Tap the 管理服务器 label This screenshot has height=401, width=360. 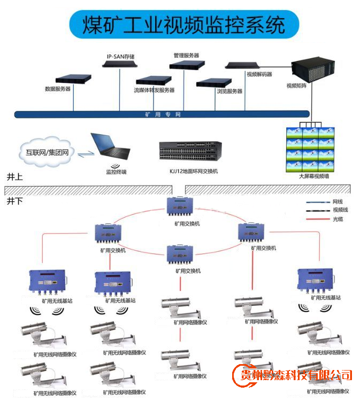click(x=186, y=55)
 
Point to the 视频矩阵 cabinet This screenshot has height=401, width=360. click(x=313, y=70)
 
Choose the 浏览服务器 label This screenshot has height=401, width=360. click(x=229, y=91)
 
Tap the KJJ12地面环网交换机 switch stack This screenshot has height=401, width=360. click(x=190, y=151)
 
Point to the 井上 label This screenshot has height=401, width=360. click(x=15, y=177)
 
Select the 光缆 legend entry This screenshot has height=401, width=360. click(x=338, y=219)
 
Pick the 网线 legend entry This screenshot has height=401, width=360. click(x=338, y=202)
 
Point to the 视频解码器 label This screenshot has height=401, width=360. click(x=259, y=74)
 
